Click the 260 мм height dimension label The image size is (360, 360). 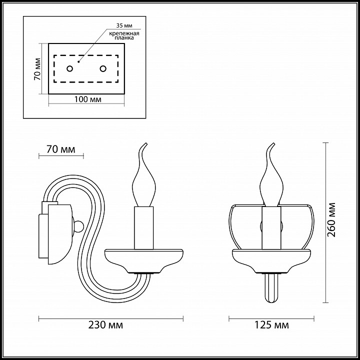(331, 220)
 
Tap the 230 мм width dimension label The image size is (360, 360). (105, 325)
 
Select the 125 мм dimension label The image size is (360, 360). (271, 325)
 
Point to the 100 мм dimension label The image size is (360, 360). (87, 99)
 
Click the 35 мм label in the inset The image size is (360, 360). (124, 25)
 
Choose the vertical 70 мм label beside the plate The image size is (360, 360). (37, 69)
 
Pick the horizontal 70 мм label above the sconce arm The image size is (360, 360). (61, 149)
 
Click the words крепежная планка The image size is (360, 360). (124, 35)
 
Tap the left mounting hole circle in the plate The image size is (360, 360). (70, 68)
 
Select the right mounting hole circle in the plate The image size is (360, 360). (103, 68)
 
